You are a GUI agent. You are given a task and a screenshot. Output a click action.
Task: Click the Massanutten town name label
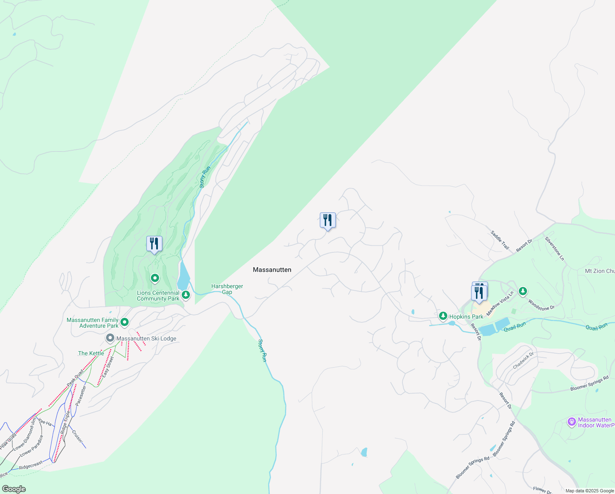point(272,270)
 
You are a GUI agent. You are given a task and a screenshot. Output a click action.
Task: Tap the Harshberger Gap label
point(227,289)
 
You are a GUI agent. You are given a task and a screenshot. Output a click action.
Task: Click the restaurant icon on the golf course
point(154,244)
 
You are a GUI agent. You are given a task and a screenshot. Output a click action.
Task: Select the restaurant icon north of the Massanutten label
point(328,220)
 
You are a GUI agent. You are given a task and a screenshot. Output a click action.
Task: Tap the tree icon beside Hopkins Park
point(443,316)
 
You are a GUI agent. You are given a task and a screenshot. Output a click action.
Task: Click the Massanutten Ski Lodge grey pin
point(110,338)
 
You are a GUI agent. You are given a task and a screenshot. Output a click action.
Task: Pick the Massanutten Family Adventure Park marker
point(125,322)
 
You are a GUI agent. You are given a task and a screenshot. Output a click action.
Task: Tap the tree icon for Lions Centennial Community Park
point(186,294)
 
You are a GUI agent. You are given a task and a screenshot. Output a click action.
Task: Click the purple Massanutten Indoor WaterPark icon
point(571,422)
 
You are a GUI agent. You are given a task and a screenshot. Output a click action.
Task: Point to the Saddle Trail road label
point(499,240)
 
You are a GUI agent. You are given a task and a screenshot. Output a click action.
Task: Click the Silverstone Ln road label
point(555,248)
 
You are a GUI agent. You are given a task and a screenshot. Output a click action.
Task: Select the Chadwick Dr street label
point(523,360)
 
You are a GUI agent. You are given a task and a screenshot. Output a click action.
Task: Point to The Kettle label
point(91,353)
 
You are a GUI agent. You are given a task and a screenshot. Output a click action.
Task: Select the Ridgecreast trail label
point(30,465)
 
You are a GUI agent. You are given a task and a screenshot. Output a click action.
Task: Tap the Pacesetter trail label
point(81,396)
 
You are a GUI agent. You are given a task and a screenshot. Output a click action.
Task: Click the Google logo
point(14,489)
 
